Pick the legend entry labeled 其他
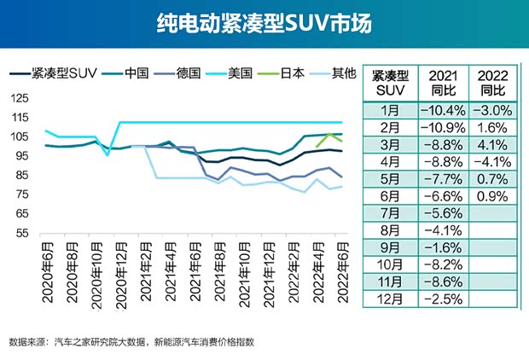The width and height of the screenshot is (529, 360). [x=342, y=73]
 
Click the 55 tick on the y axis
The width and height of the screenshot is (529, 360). [x=21, y=233]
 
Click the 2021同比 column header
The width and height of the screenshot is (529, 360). [x=443, y=83]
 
